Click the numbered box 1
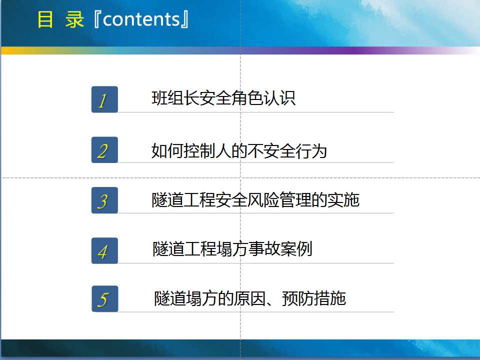coord(104,99)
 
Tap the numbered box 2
coord(104,149)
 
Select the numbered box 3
coord(104,200)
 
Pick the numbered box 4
coord(104,250)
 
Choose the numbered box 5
coord(104,299)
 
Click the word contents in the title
coord(141,19)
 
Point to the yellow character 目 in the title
coord(45,19)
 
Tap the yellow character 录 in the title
coord(74,19)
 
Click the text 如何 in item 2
coord(167,151)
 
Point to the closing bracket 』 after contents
coord(185,19)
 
